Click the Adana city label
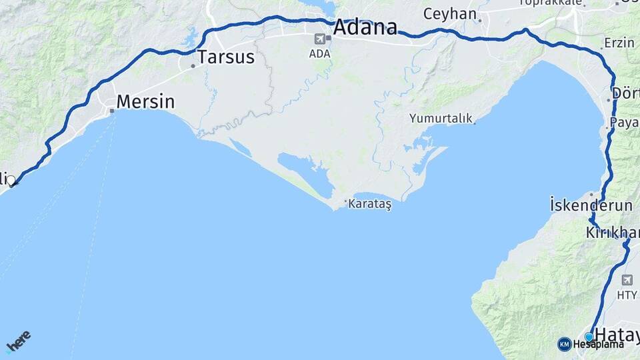click(365, 28)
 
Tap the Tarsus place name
click(226, 57)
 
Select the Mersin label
click(145, 102)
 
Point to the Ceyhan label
click(450, 14)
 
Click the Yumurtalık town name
click(441, 119)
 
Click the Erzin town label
click(619, 43)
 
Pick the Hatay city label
click(617, 333)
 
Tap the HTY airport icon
click(627, 280)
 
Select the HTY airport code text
click(627, 295)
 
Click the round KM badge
click(565, 344)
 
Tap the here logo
click(18, 341)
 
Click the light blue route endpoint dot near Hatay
click(589, 337)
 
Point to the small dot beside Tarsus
click(193, 66)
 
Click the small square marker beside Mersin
click(113, 111)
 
